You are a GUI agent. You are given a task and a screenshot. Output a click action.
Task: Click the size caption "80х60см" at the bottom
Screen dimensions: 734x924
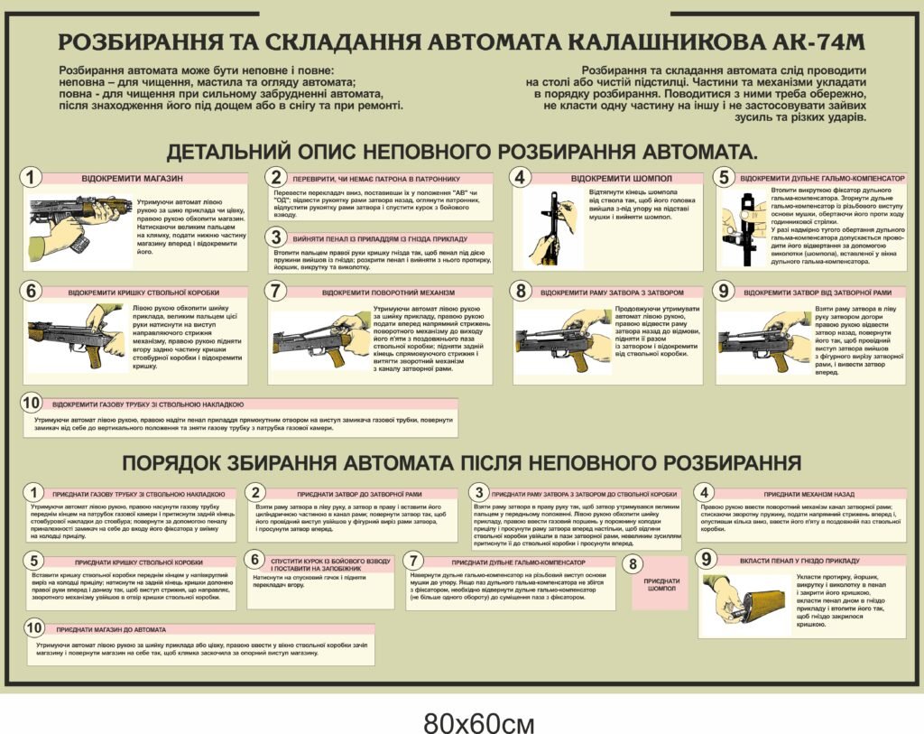point(479,722)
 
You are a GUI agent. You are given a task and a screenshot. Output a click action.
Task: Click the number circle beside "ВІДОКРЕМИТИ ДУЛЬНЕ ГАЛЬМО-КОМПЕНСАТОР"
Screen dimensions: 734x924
point(724,178)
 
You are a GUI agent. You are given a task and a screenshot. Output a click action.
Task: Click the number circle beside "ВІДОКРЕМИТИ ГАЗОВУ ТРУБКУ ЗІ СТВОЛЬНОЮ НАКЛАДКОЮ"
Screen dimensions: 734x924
point(32,403)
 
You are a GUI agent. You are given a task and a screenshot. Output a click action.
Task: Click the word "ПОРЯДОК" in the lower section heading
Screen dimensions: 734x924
point(176,464)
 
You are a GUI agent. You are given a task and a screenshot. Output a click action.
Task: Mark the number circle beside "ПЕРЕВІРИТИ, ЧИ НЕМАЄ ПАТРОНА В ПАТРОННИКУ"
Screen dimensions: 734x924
point(277,178)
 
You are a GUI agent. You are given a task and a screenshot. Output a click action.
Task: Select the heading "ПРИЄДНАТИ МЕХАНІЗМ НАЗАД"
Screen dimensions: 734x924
point(808,495)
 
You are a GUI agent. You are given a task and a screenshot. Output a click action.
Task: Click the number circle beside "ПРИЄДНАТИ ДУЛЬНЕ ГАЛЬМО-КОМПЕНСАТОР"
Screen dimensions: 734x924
point(412,559)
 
